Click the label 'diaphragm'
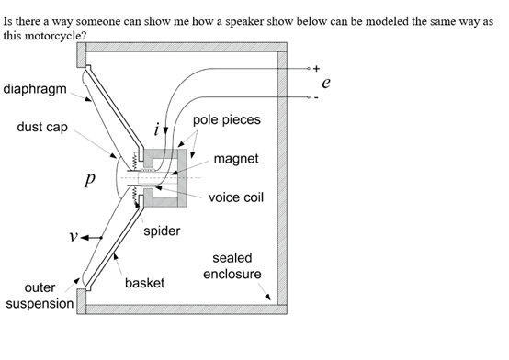tap(34, 89)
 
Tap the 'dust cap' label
tap(42, 127)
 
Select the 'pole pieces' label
tap(227, 121)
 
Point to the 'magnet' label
tap(235, 159)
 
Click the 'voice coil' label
tap(236, 197)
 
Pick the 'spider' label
tap(162, 231)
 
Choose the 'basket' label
tap(144, 283)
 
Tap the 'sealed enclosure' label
tap(232, 266)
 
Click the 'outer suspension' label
tap(40, 295)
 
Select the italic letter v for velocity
tap(72, 237)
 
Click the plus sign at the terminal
tap(316, 68)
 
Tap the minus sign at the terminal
tap(316, 97)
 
